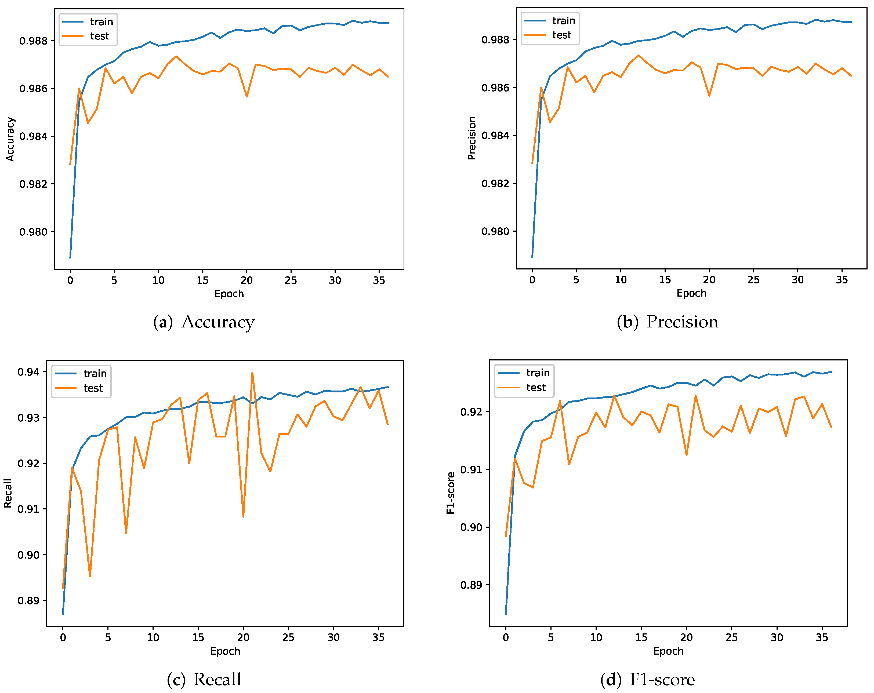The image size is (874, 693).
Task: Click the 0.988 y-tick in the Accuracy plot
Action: click(x=33, y=41)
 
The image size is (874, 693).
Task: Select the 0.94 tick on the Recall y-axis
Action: click(x=28, y=372)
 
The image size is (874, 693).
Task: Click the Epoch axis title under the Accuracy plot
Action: click(x=229, y=294)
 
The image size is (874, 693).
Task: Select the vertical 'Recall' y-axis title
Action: click(x=8, y=493)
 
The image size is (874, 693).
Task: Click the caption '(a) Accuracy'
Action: click(x=204, y=322)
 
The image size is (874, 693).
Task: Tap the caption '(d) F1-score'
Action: click(x=647, y=680)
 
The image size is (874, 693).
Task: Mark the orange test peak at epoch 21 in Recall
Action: click(x=252, y=373)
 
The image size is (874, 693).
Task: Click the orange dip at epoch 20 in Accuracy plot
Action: click(x=246, y=96)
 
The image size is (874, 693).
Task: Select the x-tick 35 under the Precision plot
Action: click(x=842, y=280)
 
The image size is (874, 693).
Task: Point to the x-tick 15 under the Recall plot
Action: click(x=198, y=637)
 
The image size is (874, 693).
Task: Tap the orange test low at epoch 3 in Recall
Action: click(x=90, y=576)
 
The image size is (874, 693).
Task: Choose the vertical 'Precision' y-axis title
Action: click(x=472, y=138)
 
